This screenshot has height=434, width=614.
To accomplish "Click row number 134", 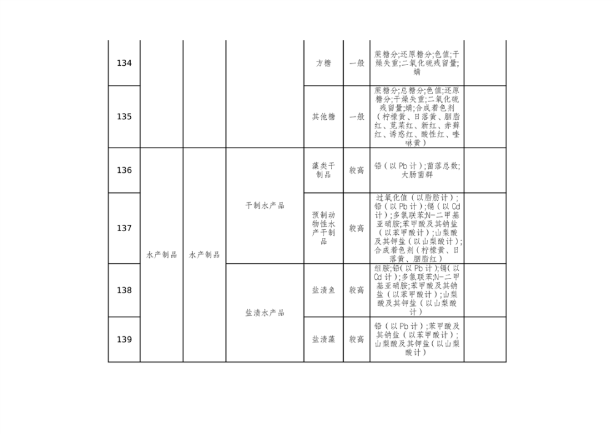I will click(x=124, y=63).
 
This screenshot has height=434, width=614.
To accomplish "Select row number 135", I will click(x=124, y=117).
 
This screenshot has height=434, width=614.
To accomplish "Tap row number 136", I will click(x=124, y=170).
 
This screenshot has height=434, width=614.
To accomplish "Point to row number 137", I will click(x=124, y=228).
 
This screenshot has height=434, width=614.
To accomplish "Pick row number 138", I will click(x=124, y=290).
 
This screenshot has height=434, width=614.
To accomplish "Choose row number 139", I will click(x=124, y=339).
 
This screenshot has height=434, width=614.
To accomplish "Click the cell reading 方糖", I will click(x=323, y=63).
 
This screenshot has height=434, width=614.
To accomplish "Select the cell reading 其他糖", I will click(x=323, y=117).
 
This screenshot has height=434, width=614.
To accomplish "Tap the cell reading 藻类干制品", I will click(x=323, y=170).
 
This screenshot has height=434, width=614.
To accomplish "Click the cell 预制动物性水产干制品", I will click(x=323, y=228).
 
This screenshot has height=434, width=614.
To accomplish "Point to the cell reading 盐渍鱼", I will click(x=323, y=290).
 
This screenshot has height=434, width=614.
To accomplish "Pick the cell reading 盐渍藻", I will click(x=323, y=339).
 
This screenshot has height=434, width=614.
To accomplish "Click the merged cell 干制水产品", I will click(x=265, y=206).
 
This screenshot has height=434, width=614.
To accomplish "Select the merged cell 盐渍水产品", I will click(x=265, y=313).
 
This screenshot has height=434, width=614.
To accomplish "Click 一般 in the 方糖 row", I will click(x=357, y=63).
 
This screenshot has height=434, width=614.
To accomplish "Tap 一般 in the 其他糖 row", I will click(x=357, y=117).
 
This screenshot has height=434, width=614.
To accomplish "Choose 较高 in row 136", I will click(x=357, y=170).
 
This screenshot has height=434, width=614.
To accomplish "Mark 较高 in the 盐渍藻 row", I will click(x=357, y=339).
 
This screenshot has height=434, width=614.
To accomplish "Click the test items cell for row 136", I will click(x=417, y=170).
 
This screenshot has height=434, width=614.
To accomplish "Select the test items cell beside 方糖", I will click(x=417, y=63).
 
